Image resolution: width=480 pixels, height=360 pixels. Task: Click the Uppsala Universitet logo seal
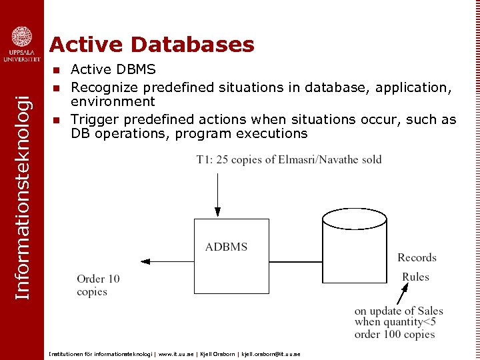coord(22,37)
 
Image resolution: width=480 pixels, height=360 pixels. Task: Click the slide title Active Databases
coord(152,45)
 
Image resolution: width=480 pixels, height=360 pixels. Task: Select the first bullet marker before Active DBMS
coord(57,69)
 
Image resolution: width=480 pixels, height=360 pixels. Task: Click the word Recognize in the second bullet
coord(101,87)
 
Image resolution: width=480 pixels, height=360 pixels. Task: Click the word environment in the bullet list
coord(113,101)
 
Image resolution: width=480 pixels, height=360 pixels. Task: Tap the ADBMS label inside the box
coord(226,247)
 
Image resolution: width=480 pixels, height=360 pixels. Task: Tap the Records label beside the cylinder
coord(417,257)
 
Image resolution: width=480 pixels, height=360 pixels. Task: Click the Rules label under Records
coord(415,277)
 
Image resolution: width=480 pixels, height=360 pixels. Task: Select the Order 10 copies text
coord(98,285)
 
